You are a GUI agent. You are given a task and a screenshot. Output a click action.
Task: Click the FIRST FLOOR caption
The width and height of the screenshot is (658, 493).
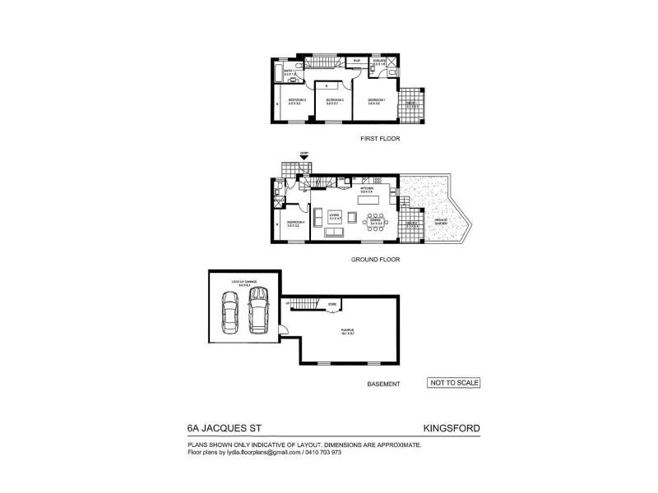tap(380, 139)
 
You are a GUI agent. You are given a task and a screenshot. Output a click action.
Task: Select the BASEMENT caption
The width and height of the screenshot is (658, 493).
tap(383, 384)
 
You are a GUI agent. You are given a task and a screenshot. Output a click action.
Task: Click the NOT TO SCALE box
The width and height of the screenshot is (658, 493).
tap(453, 382)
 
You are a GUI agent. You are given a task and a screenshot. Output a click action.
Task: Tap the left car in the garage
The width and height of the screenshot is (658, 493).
tap(230, 314)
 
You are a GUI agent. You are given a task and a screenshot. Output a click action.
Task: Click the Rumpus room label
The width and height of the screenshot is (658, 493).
tap(347, 333)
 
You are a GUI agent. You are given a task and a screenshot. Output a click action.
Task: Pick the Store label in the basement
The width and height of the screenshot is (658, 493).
tap(333, 305)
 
